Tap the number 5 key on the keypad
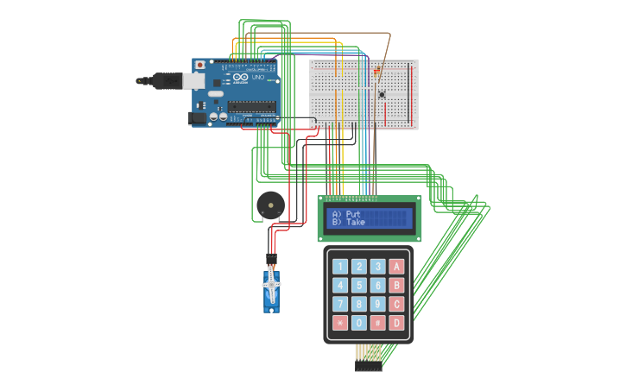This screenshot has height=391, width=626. click(x=359, y=286)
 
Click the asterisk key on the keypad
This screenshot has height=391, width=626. click(x=340, y=323)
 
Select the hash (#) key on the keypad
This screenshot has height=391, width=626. click(x=378, y=323)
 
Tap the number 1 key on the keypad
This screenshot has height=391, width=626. click(x=340, y=267)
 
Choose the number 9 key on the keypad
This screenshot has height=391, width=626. click(x=378, y=304)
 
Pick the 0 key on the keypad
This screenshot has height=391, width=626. click(x=359, y=323)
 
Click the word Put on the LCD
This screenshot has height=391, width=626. click(x=353, y=214)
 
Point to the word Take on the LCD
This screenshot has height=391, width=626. click(x=355, y=223)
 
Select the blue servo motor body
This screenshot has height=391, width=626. click(x=271, y=292)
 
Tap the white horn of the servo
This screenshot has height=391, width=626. click(x=271, y=282)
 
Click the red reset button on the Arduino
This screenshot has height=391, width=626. click(x=200, y=65)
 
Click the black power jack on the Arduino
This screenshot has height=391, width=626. click(x=198, y=117)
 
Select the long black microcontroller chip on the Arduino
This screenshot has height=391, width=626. click(x=251, y=107)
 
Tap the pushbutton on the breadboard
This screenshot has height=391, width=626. click(x=382, y=93)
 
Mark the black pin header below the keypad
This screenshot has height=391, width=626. click(x=369, y=367)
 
